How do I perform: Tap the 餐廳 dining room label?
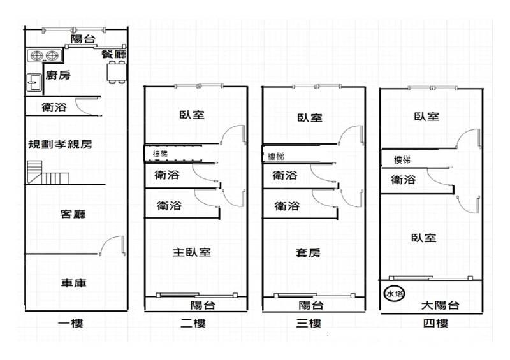(x=113, y=54)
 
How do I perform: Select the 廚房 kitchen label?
(x=58, y=75)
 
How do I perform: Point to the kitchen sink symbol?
(x=34, y=83)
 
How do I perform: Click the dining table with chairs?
(x=117, y=72)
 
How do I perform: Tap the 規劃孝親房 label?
(x=60, y=144)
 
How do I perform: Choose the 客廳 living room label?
(x=73, y=214)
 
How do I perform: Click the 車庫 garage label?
(x=74, y=283)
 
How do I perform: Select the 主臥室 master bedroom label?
(x=192, y=252)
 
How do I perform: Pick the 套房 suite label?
(x=308, y=253)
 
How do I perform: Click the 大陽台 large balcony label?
(x=440, y=305)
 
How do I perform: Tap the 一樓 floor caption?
(x=71, y=323)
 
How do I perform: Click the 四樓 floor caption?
(x=435, y=323)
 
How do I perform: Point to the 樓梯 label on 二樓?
(x=161, y=154)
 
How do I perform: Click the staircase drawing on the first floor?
(x=48, y=173)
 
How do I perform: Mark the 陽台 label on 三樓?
(x=311, y=305)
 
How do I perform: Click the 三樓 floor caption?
(x=309, y=323)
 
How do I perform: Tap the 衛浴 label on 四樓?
(x=403, y=180)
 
